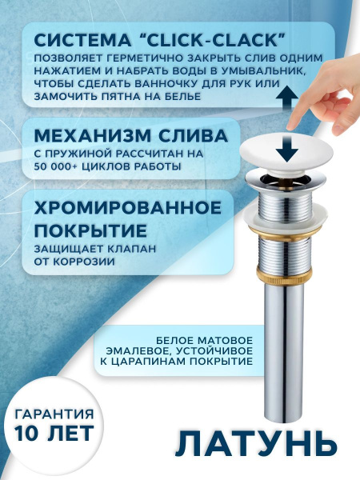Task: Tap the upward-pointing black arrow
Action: pyautogui.click(x=282, y=100)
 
